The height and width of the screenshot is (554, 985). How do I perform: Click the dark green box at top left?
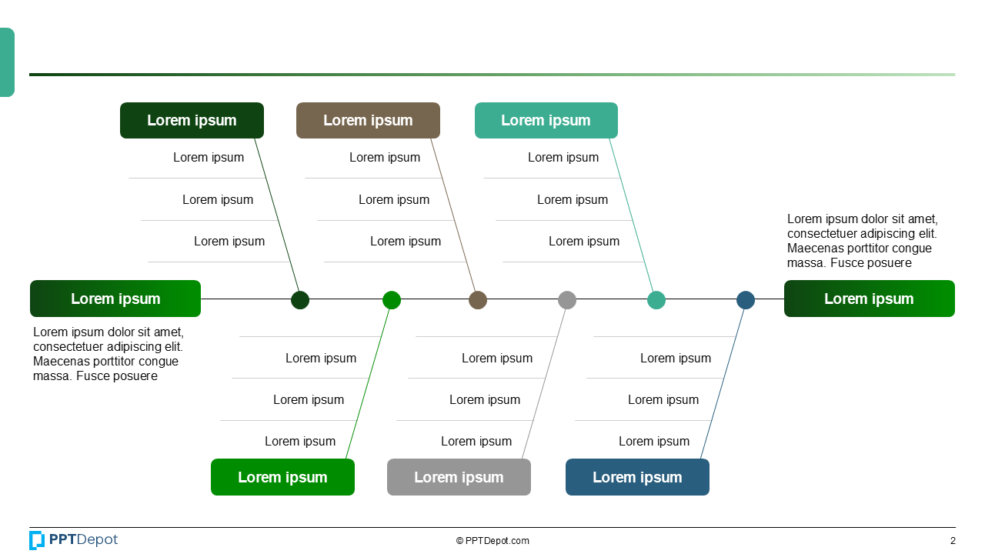192,121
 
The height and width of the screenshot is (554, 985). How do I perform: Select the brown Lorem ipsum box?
368,121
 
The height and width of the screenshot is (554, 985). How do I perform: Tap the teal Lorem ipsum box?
546,121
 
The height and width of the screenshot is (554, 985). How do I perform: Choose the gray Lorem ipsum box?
459,477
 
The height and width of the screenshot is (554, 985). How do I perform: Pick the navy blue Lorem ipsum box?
637,477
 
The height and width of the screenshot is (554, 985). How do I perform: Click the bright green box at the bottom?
282,477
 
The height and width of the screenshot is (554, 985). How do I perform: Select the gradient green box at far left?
115,299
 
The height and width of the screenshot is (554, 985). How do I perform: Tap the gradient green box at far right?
869,299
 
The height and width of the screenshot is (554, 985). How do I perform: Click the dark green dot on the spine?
300,300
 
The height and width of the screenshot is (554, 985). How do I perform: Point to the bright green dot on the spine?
392,300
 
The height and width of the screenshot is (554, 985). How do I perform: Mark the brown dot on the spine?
478,300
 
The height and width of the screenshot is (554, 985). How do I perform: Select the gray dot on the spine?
567,300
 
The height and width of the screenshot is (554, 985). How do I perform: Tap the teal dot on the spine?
656,300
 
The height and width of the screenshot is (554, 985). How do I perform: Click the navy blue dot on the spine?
746,300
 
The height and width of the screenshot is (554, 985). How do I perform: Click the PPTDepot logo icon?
37,540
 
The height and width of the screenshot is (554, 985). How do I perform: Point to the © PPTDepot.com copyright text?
492,541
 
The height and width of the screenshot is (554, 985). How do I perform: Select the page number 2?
953,541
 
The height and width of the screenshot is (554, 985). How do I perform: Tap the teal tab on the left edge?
7,62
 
